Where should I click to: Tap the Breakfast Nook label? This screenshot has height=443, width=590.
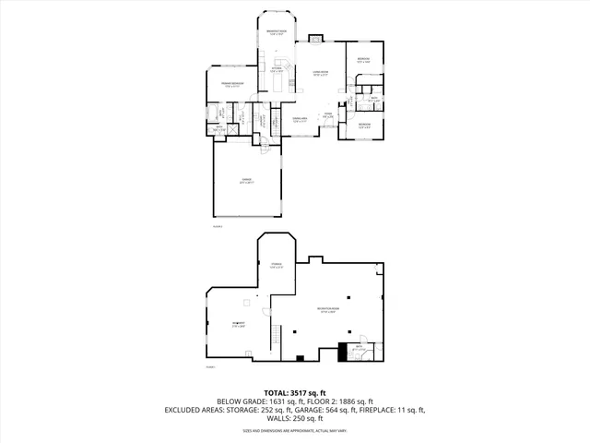[276, 34]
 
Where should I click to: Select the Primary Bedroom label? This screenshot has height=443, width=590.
[231, 85]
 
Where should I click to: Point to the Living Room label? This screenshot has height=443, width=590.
[320, 73]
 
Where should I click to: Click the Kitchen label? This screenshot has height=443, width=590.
[277, 69]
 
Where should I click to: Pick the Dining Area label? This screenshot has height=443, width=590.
[301, 119]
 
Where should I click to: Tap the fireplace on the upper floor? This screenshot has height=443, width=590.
[316, 40]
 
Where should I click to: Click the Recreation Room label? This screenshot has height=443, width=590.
[327, 311]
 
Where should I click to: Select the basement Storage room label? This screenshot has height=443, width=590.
[276, 266]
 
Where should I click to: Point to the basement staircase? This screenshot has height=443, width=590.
[275, 333]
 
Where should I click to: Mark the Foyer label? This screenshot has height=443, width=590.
[327, 115]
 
